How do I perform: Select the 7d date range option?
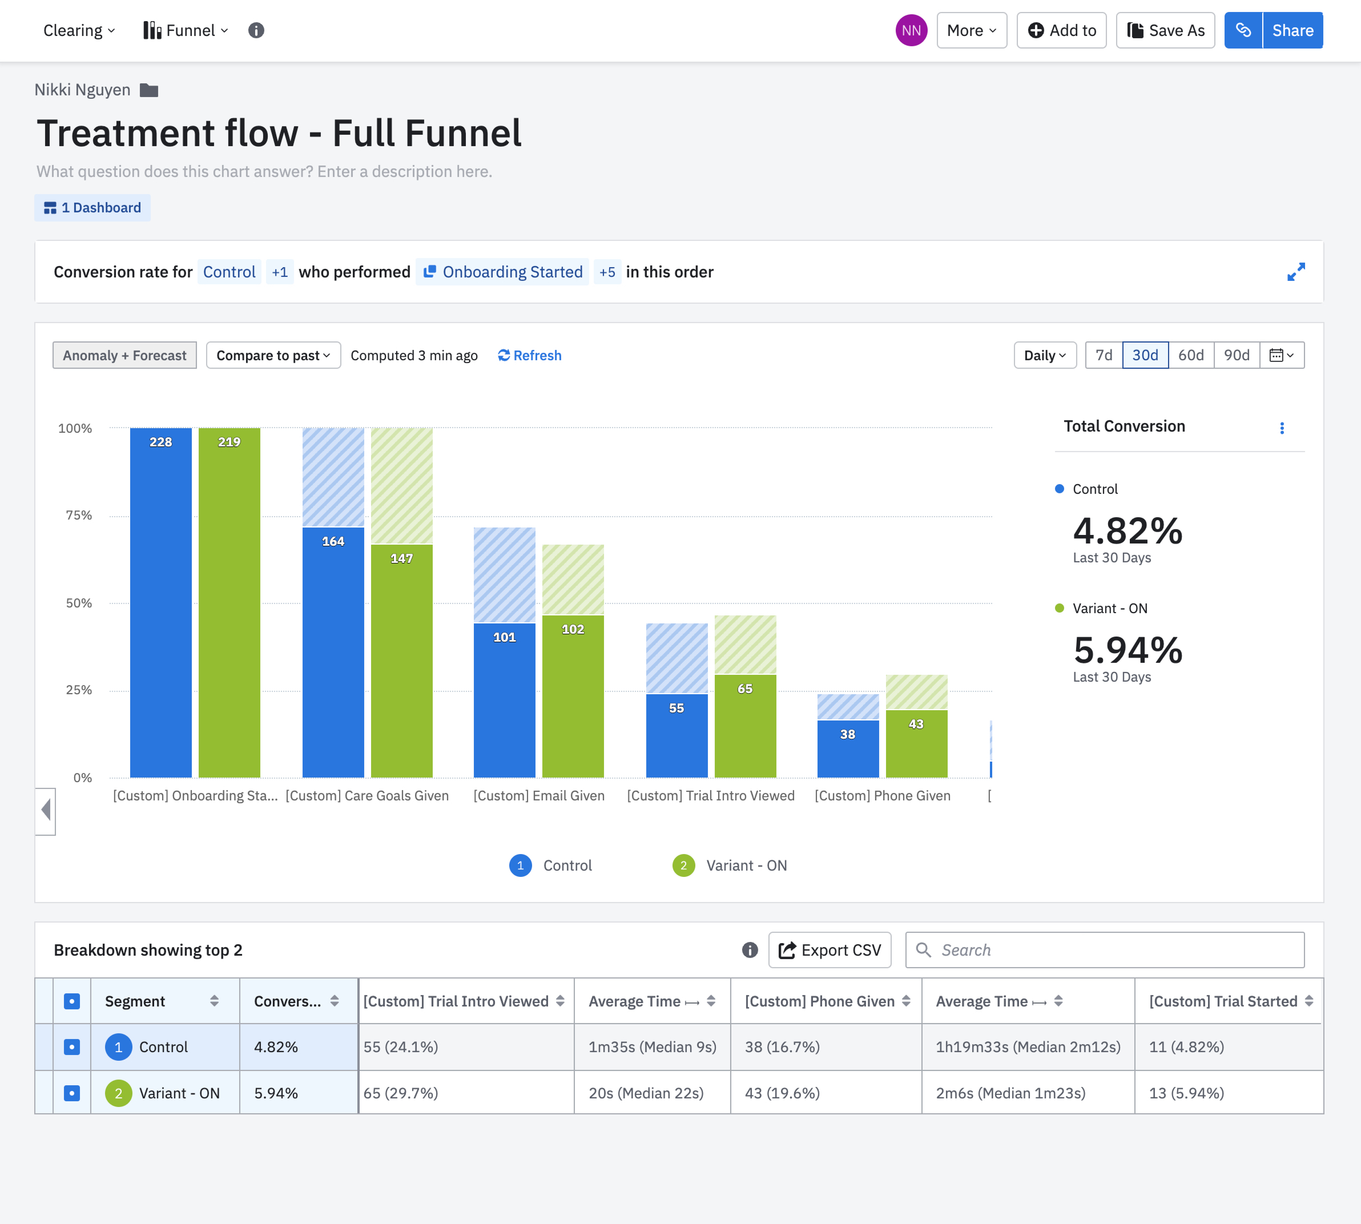click(x=1104, y=355)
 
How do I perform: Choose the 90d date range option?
click(x=1236, y=355)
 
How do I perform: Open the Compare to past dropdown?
click(x=273, y=355)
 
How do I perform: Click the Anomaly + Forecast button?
click(x=124, y=355)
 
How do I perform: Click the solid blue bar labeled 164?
click(x=333, y=652)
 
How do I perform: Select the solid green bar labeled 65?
click(x=745, y=726)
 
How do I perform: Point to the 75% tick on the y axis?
click(x=79, y=515)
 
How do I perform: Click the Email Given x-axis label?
click(x=539, y=796)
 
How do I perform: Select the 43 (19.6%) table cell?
click(x=782, y=1093)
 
